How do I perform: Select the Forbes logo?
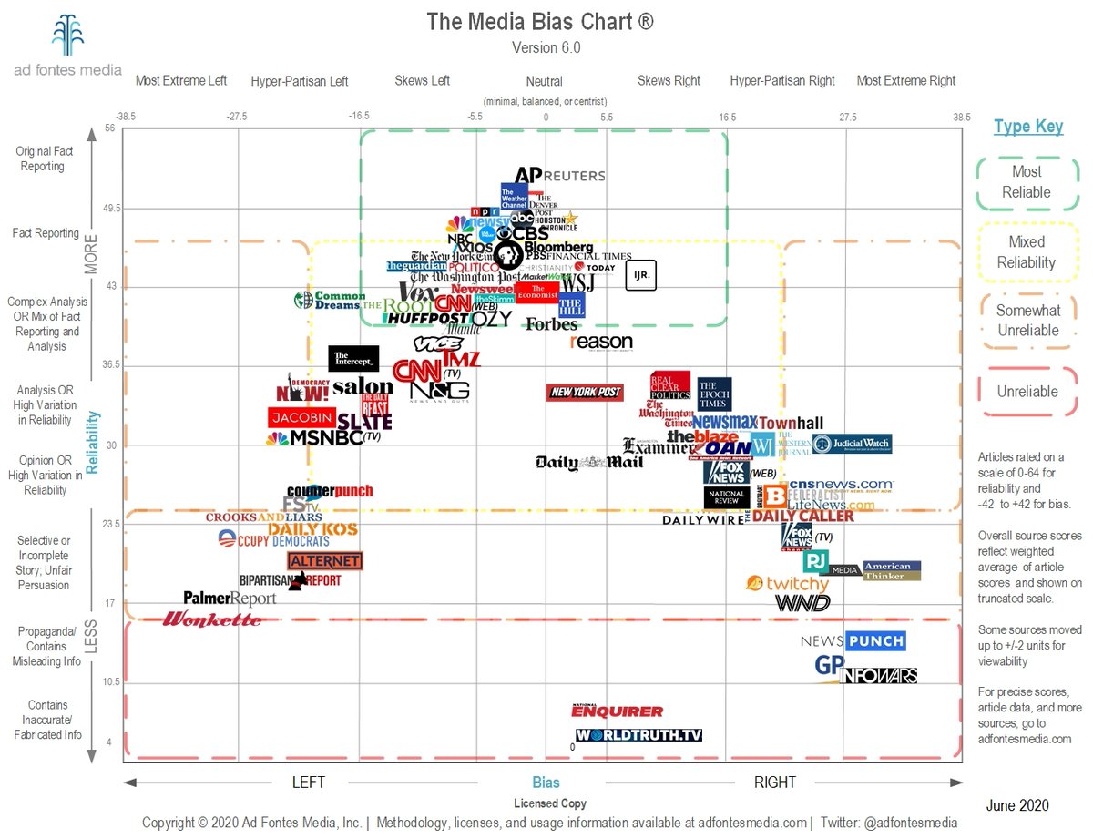(x=551, y=323)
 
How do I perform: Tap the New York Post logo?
(x=585, y=392)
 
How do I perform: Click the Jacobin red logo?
(x=302, y=417)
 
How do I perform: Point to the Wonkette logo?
(x=211, y=619)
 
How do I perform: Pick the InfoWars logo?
(x=879, y=675)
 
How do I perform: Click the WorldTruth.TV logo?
(x=638, y=734)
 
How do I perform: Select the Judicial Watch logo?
(x=852, y=445)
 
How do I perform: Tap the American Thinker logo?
(x=892, y=570)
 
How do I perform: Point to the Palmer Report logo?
(x=230, y=598)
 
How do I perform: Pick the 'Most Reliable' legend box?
(x=1027, y=182)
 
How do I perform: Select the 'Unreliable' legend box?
(x=1027, y=392)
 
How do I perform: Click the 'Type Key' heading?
(x=1028, y=127)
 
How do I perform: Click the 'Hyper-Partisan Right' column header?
(x=782, y=80)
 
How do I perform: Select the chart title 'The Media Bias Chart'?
(x=539, y=22)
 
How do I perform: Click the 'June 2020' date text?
(x=1017, y=805)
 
